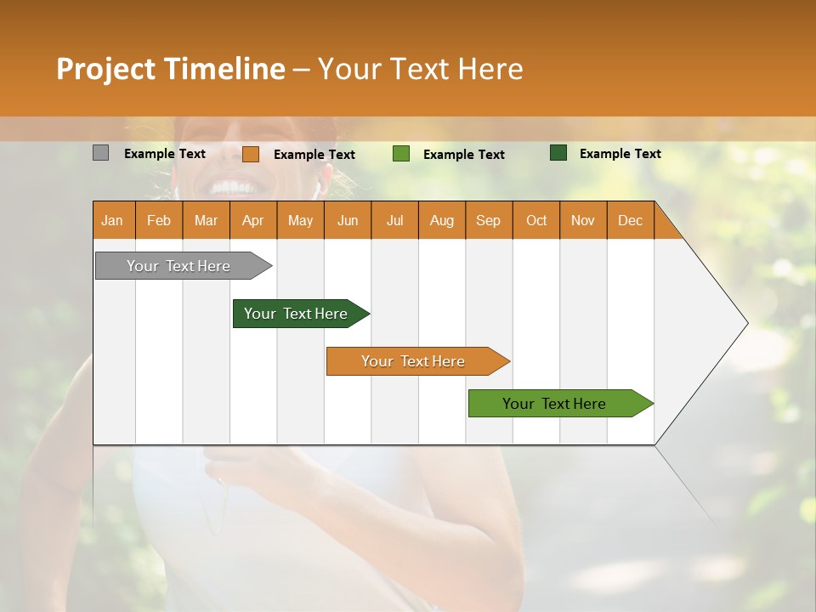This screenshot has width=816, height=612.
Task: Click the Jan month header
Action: [x=112, y=220]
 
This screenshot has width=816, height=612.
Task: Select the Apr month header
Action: [x=253, y=220]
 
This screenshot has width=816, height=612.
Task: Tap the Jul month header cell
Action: [x=394, y=220]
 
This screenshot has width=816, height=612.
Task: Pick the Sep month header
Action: [x=488, y=220]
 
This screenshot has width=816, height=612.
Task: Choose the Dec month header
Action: [x=630, y=220]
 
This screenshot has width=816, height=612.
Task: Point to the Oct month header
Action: [x=535, y=220]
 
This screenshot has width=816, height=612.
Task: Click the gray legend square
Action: [x=100, y=153]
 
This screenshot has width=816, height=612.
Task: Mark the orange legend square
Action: [x=250, y=154]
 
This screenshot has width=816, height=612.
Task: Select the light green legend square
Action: [x=400, y=154]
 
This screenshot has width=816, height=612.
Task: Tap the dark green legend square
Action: [x=558, y=153]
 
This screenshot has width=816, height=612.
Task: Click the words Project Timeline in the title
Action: [x=170, y=69]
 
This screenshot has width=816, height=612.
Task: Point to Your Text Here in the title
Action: [x=420, y=69]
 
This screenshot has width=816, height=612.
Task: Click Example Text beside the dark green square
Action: [x=620, y=154]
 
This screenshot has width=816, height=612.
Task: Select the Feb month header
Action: [x=159, y=220]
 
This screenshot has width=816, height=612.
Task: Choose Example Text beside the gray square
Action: [x=165, y=154]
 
